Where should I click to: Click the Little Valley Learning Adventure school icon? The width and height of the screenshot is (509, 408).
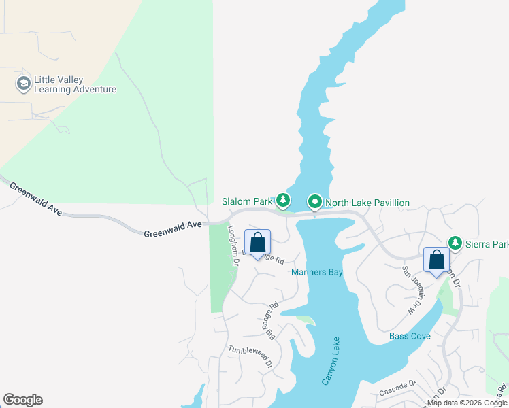point(23,84)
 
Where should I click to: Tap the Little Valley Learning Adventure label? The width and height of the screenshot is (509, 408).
point(75,84)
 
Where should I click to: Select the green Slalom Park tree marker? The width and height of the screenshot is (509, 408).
point(283,201)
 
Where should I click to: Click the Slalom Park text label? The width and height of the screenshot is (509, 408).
point(246,202)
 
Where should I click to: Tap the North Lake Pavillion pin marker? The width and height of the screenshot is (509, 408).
point(315,202)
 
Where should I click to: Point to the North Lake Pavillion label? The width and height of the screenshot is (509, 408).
point(367,203)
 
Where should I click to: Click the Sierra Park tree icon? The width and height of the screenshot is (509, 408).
point(455,243)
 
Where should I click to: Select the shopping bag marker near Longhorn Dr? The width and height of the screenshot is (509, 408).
point(257,243)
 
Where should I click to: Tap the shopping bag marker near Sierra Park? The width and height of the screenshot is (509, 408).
point(436,260)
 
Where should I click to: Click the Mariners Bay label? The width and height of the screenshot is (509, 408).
point(316,273)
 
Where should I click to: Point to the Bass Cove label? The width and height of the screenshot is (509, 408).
point(409,337)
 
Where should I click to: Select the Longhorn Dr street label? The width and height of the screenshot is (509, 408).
point(234,245)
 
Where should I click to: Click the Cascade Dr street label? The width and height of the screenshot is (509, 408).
point(397,389)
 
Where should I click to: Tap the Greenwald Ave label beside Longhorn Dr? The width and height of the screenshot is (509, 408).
point(173,229)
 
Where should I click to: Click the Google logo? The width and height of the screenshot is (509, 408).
point(22,400)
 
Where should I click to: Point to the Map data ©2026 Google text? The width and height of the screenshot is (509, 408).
point(466,403)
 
